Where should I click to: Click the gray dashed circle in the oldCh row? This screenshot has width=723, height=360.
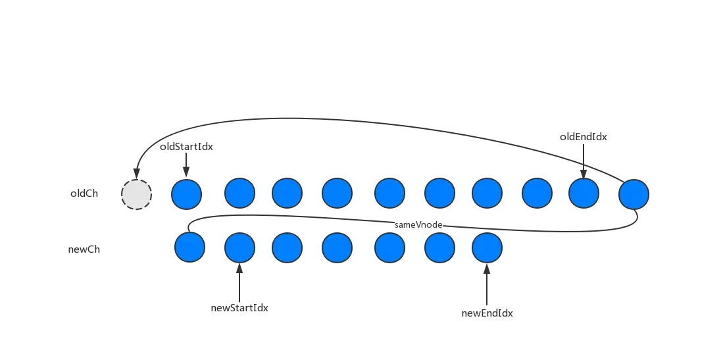(x=137, y=194)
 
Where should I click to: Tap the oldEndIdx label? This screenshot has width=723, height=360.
(x=584, y=137)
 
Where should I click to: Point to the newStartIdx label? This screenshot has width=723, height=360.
(x=239, y=308)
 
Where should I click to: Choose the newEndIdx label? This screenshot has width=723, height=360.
(x=487, y=314)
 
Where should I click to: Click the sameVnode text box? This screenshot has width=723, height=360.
(x=419, y=224)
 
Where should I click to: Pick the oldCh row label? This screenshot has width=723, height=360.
(x=84, y=195)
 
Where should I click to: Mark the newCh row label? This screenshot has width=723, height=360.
(x=84, y=250)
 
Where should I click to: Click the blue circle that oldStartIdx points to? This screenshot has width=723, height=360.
(x=186, y=194)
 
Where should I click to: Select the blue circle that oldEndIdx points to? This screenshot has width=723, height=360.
(x=584, y=194)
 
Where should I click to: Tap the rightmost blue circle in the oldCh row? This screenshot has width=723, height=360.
(x=634, y=194)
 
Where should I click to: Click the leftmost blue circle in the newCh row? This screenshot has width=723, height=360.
(x=190, y=248)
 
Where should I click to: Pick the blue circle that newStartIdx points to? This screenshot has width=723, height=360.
(x=239, y=248)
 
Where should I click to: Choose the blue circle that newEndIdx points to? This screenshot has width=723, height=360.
(x=487, y=248)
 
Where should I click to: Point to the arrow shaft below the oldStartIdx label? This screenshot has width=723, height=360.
(x=186, y=165)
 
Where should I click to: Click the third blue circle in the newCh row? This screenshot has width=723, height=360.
(x=287, y=248)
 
